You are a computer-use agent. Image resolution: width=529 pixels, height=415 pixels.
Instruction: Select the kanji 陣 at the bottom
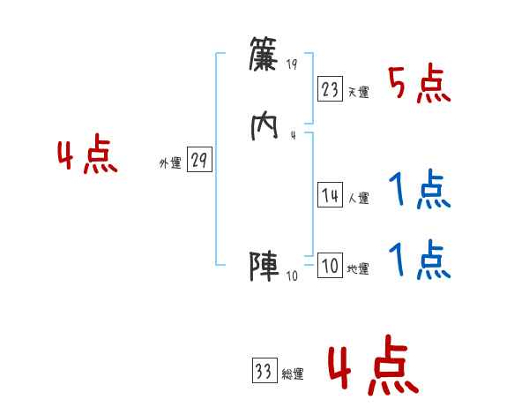pos(264,266)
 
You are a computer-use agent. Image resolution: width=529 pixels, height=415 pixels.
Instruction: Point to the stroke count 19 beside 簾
pos(293,64)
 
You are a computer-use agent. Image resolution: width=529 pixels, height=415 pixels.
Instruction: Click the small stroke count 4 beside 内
pos(293,135)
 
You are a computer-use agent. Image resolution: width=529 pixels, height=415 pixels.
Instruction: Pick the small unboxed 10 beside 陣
pos(293,275)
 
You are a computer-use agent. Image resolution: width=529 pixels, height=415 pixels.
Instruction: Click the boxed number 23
pos(330,88)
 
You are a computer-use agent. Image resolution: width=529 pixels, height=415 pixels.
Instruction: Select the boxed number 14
pos(330,196)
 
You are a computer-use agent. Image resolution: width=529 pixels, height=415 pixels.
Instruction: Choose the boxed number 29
pos(199,160)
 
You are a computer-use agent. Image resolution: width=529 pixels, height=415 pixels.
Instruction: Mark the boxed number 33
pos(264,371)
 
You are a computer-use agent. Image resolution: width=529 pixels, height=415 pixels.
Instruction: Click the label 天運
pos(358,92)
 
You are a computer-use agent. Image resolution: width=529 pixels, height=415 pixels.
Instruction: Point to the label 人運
pos(358,199)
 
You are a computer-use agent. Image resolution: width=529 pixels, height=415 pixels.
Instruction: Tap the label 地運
pos(358,269)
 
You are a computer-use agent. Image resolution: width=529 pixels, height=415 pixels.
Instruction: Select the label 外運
pos(170,163)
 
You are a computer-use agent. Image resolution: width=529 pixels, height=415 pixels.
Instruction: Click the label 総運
pos(293,374)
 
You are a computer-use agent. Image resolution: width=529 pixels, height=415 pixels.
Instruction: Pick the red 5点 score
pos(420,84)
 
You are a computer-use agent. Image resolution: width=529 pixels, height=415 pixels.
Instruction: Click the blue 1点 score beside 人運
pos(420,189)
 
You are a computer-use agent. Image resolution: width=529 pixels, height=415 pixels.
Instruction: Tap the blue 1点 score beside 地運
pos(420,260)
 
